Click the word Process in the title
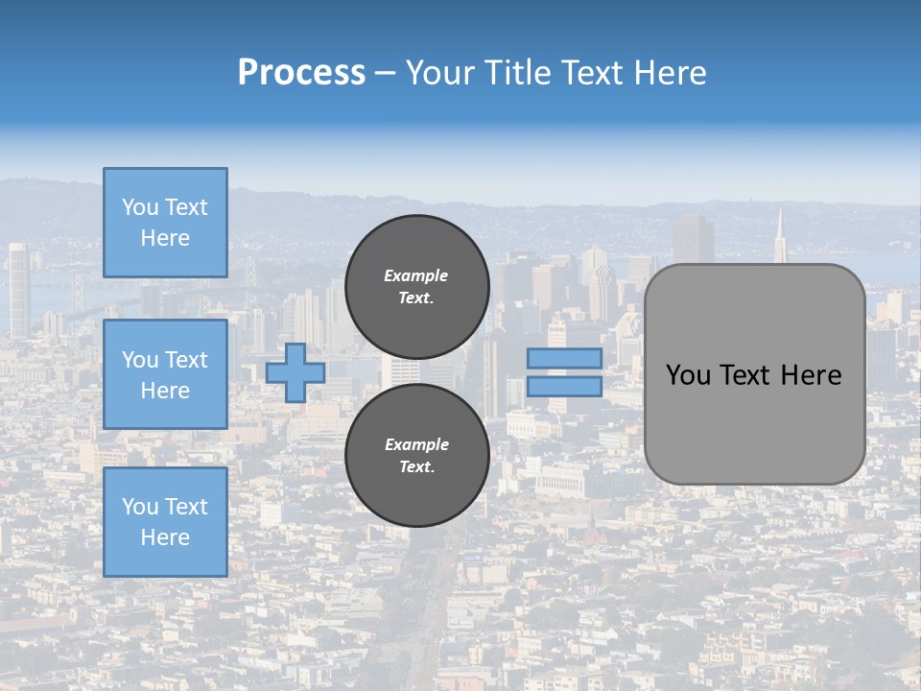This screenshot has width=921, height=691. pos(301,73)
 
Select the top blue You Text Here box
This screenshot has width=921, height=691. pos(165,223)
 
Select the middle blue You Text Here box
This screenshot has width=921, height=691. pos(165,374)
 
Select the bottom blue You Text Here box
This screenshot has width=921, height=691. pos(165,521)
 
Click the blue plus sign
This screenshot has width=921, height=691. pos(295,372)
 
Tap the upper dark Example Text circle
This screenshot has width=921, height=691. pos(416,286)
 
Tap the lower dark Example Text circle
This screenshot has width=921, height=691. pos(416,455)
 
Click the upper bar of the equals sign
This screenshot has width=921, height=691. pos(564,358)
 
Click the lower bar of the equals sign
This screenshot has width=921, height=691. pos(564,387)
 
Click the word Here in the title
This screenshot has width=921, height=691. pos(672,73)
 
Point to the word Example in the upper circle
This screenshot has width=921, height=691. pos(416,275)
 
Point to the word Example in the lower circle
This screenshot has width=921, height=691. pos(416,444)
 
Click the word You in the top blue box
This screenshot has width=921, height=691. pos(140,207)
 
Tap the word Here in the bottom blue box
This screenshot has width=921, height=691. pos(165,537)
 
